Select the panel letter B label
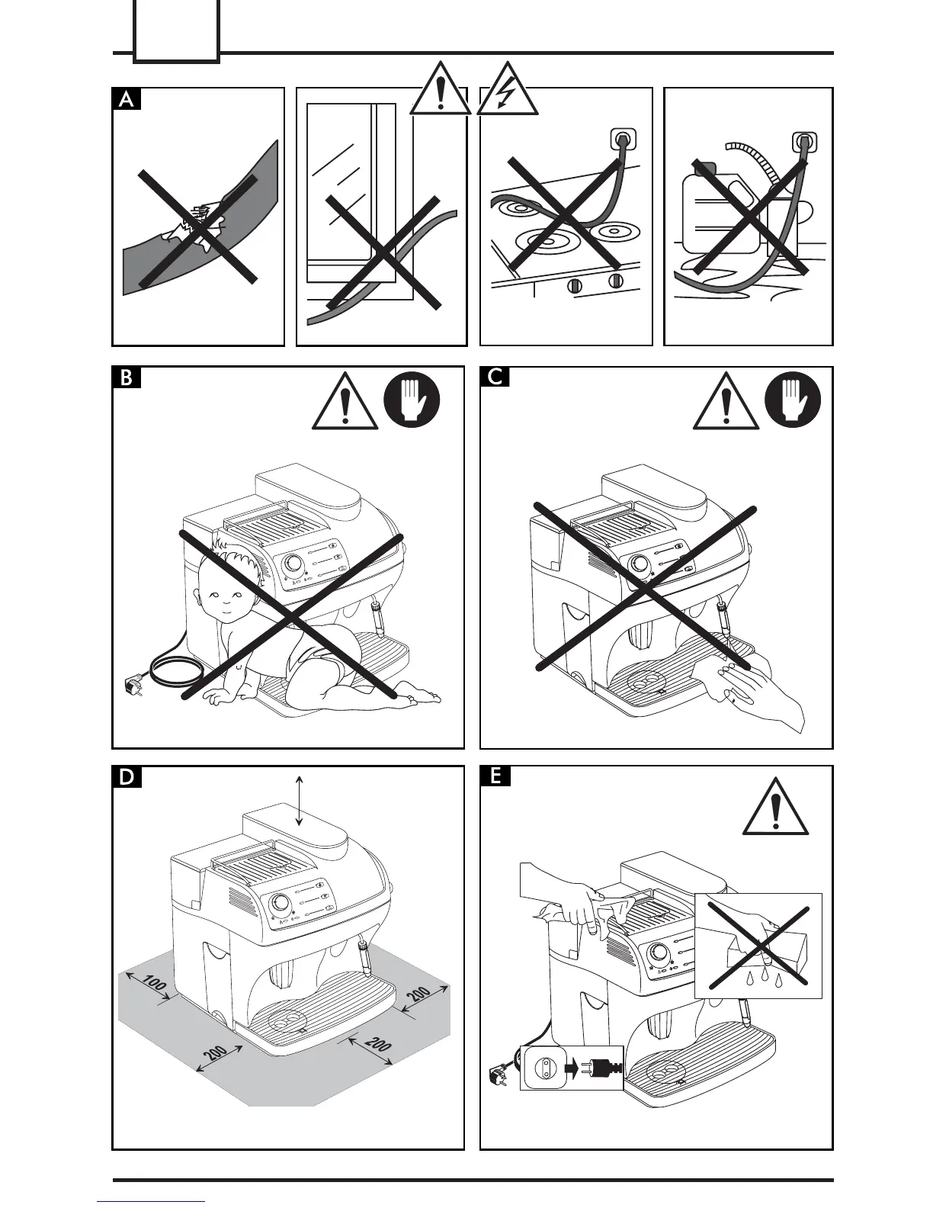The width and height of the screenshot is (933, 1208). [x=127, y=377]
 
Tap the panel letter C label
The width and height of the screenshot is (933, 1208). [x=495, y=377]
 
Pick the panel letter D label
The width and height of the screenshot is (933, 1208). [x=127, y=777]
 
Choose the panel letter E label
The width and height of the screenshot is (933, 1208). [x=495, y=777]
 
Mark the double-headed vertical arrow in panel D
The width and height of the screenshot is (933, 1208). [x=300, y=800]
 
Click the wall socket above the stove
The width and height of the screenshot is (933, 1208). [x=622, y=140]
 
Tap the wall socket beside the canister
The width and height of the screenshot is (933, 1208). [x=805, y=143]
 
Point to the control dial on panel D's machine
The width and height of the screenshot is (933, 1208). [x=281, y=903]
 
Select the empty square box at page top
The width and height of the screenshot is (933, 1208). [x=176, y=31]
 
